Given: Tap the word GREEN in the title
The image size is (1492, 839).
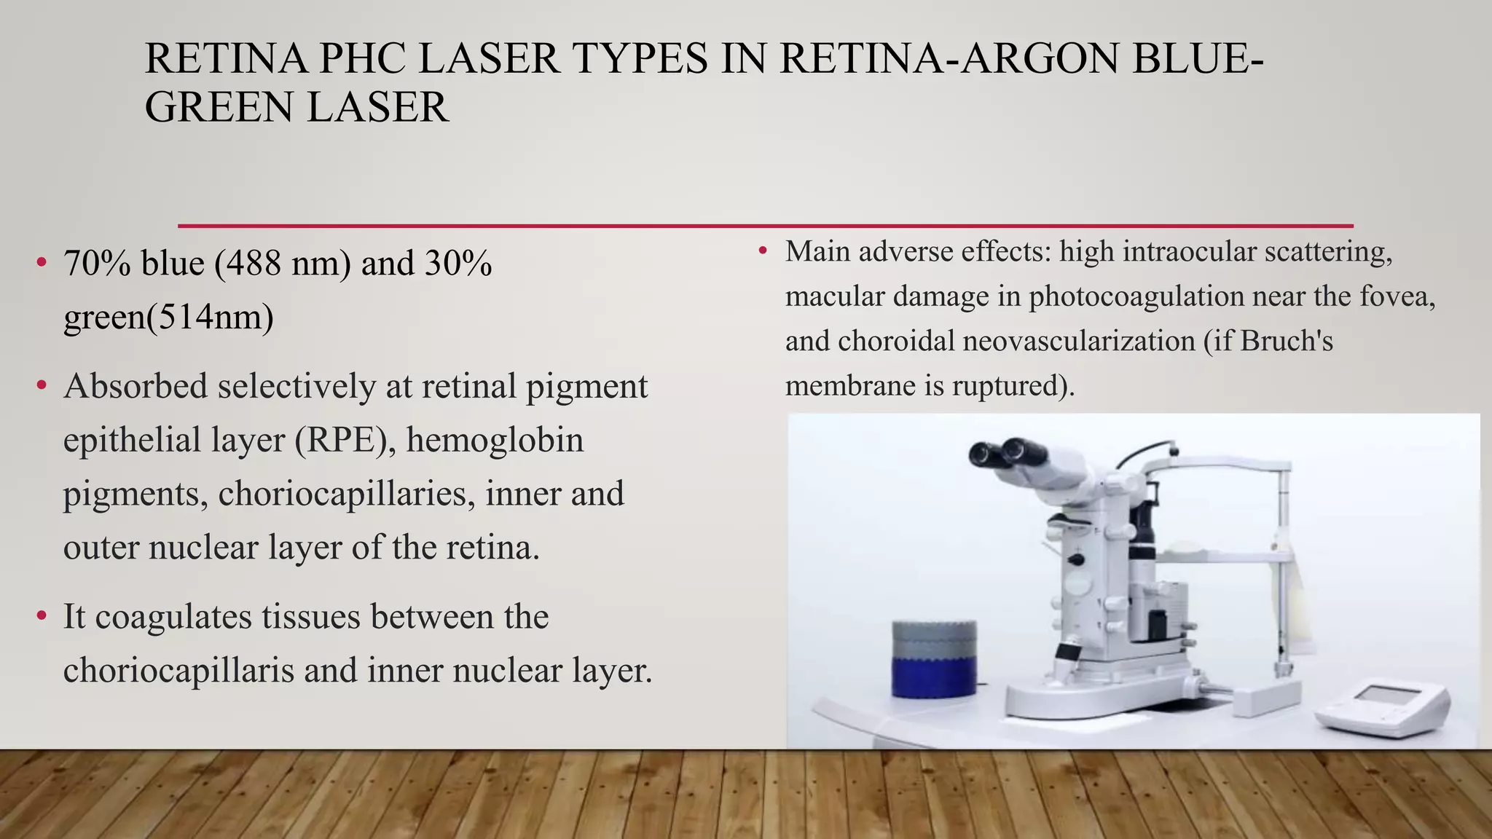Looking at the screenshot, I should pos(219,107).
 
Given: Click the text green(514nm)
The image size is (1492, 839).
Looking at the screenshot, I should pos(168,317).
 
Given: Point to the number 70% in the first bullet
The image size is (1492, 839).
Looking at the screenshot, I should pos(97,264).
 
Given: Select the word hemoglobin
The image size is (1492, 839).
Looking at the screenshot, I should pos(495,440).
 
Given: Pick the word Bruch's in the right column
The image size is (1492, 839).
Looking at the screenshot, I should pos(1286,341).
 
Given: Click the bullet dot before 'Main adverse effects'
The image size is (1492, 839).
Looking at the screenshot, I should pos(763,251).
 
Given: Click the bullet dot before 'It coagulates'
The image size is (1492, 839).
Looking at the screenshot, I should pos(42,617).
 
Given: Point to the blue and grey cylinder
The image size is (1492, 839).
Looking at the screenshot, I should pos(934,659).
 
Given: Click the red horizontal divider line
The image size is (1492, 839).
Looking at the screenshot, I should pos(765,226).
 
